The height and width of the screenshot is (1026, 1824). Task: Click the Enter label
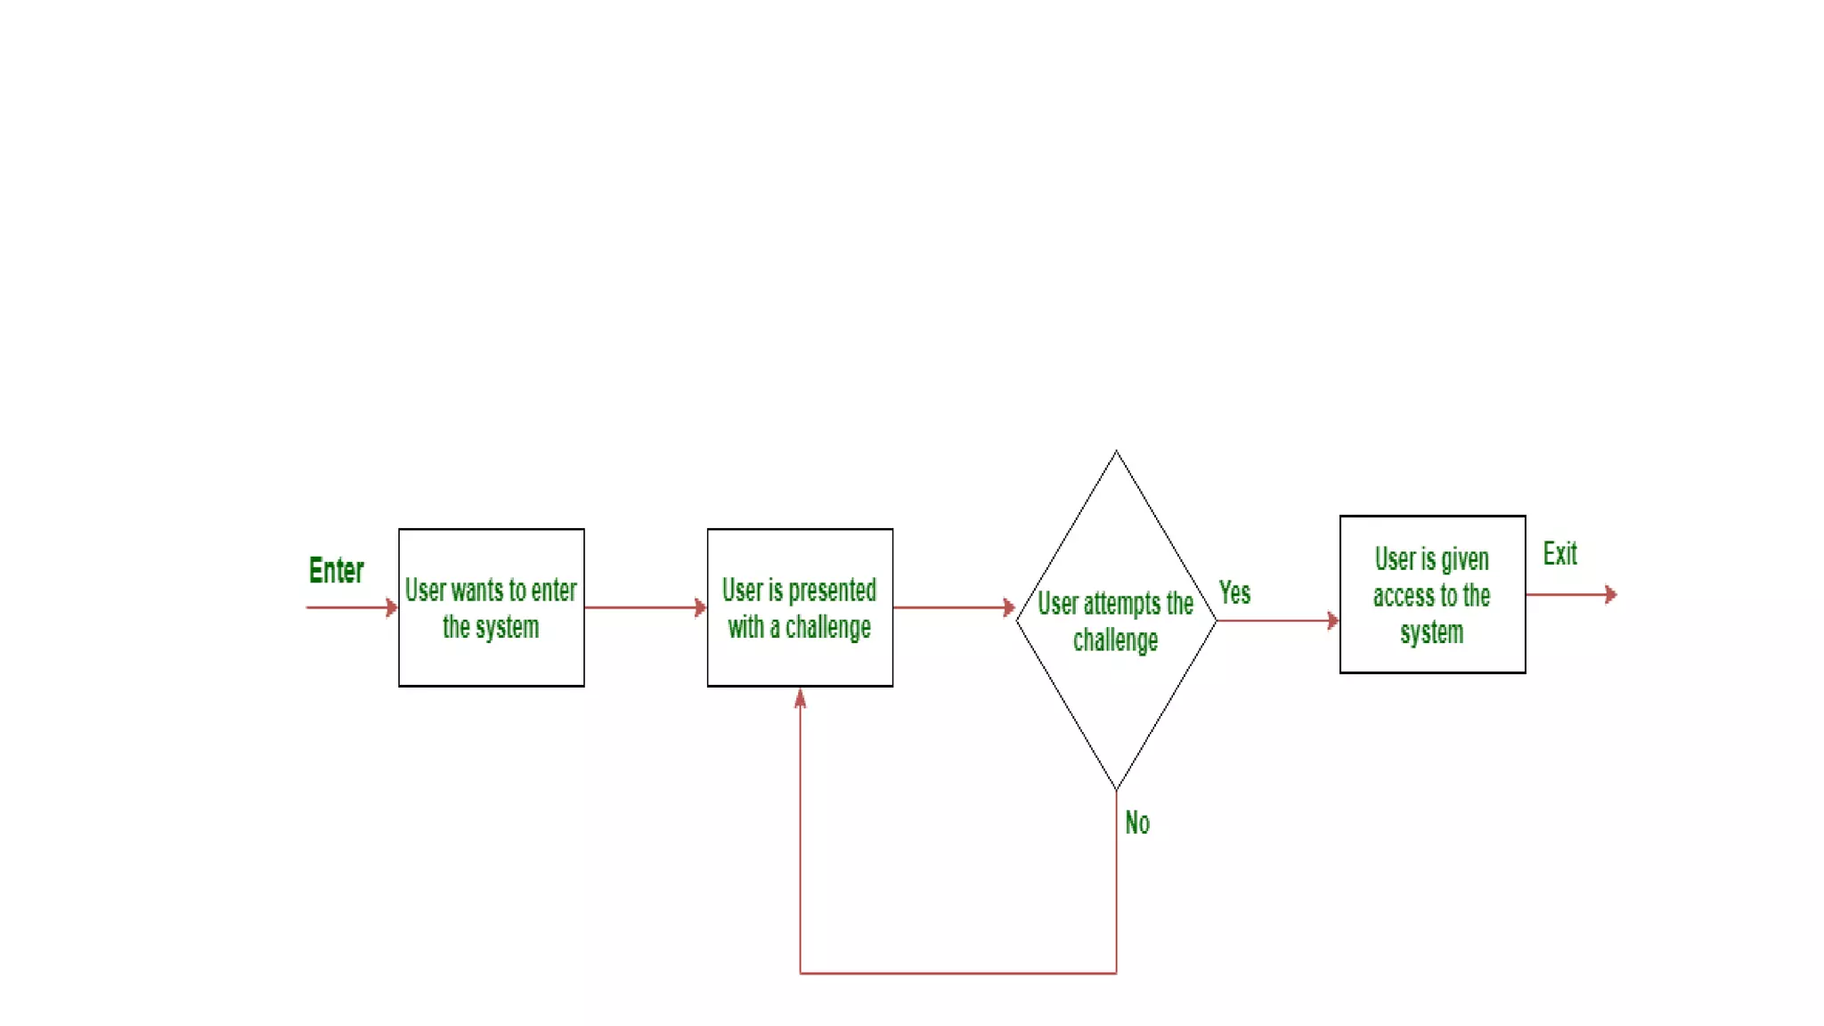pyautogui.click(x=336, y=570)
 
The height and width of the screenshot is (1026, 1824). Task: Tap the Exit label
pyautogui.click(x=1559, y=554)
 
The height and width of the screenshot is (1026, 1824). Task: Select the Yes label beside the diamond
pyautogui.click(x=1234, y=592)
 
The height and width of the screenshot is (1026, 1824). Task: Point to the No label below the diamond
pyautogui.click(x=1137, y=822)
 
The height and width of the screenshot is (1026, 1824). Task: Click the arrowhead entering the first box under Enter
pyautogui.click(x=392, y=607)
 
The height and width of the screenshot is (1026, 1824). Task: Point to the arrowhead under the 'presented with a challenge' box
pyautogui.click(x=800, y=698)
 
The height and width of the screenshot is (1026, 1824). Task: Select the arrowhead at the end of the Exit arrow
pyautogui.click(x=1610, y=594)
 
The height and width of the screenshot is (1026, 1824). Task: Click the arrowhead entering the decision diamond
pyautogui.click(x=1009, y=607)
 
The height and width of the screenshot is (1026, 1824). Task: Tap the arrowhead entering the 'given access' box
pyautogui.click(x=1333, y=621)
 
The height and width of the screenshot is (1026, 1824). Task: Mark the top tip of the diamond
pyautogui.click(x=1116, y=452)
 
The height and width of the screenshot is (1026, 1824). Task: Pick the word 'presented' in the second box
pyautogui.click(x=832, y=590)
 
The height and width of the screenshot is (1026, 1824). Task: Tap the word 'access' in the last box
pyautogui.click(x=1403, y=596)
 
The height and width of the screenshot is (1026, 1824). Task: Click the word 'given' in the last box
pyautogui.click(x=1464, y=559)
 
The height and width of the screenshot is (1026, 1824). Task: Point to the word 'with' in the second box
pyautogui.click(x=745, y=627)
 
